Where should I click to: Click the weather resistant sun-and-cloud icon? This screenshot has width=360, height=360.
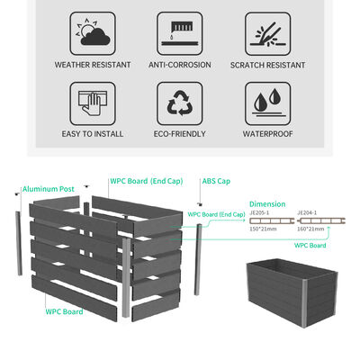(x=93, y=33)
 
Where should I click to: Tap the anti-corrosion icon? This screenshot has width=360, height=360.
(x=180, y=33)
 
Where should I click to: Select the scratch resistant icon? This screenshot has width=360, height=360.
(x=266, y=33)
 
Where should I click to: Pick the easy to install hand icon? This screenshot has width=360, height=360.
(x=93, y=103)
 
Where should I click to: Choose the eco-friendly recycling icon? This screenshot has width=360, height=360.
(x=180, y=103)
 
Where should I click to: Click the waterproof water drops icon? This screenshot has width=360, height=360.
(x=266, y=103)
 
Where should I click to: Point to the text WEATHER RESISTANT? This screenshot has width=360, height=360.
(x=93, y=65)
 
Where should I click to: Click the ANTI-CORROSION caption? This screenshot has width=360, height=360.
(x=180, y=65)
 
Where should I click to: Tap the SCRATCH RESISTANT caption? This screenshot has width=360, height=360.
(x=266, y=65)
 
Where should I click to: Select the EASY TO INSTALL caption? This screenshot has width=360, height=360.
(x=93, y=134)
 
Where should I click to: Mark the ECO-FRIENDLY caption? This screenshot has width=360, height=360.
(x=180, y=134)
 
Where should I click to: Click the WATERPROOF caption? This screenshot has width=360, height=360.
(x=266, y=134)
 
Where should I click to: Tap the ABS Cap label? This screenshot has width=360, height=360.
(x=215, y=180)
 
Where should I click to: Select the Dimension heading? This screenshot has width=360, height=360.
(x=267, y=204)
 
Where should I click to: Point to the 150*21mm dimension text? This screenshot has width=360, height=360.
(x=262, y=229)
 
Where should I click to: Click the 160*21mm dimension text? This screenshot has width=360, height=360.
(x=310, y=229)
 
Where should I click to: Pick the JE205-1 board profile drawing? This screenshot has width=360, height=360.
(x=268, y=220)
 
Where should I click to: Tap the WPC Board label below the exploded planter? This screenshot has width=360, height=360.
(x=65, y=311)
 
